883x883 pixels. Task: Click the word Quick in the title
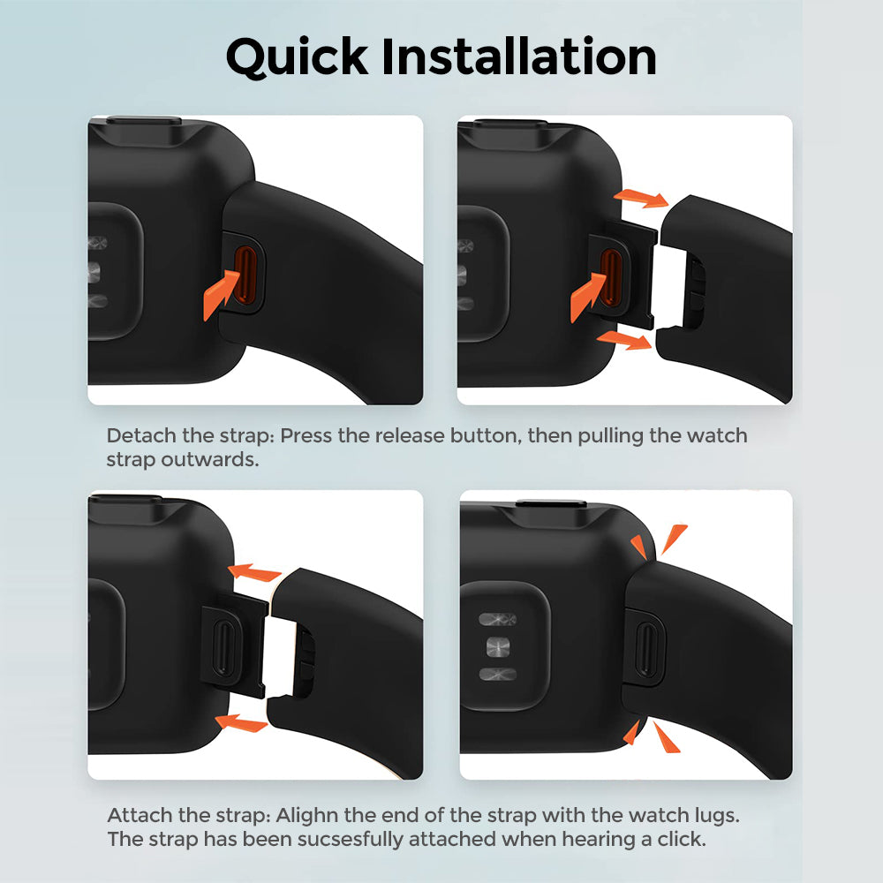pyautogui.click(x=297, y=57)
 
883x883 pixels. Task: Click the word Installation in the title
pyautogui.click(x=519, y=56)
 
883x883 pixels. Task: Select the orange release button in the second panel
pyautogui.click(x=611, y=277)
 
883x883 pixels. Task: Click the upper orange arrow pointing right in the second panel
pyautogui.click(x=641, y=198)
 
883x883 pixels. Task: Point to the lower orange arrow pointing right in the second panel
pyautogui.click(x=624, y=340)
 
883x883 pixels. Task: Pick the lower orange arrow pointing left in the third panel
pyautogui.click(x=242, y=722)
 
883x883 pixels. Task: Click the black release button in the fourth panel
pyautogui.click(x=646, y=649)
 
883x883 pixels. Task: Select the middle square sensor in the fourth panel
pyautogui.click(x=498, y=646)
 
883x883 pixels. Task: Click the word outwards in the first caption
pyautogui.click(x=210, y=459)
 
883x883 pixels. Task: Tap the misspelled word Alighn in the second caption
pyautogui.click(x=307, y=815)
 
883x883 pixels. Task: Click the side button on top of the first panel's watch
pyautogui.click(x=144, y=120)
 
